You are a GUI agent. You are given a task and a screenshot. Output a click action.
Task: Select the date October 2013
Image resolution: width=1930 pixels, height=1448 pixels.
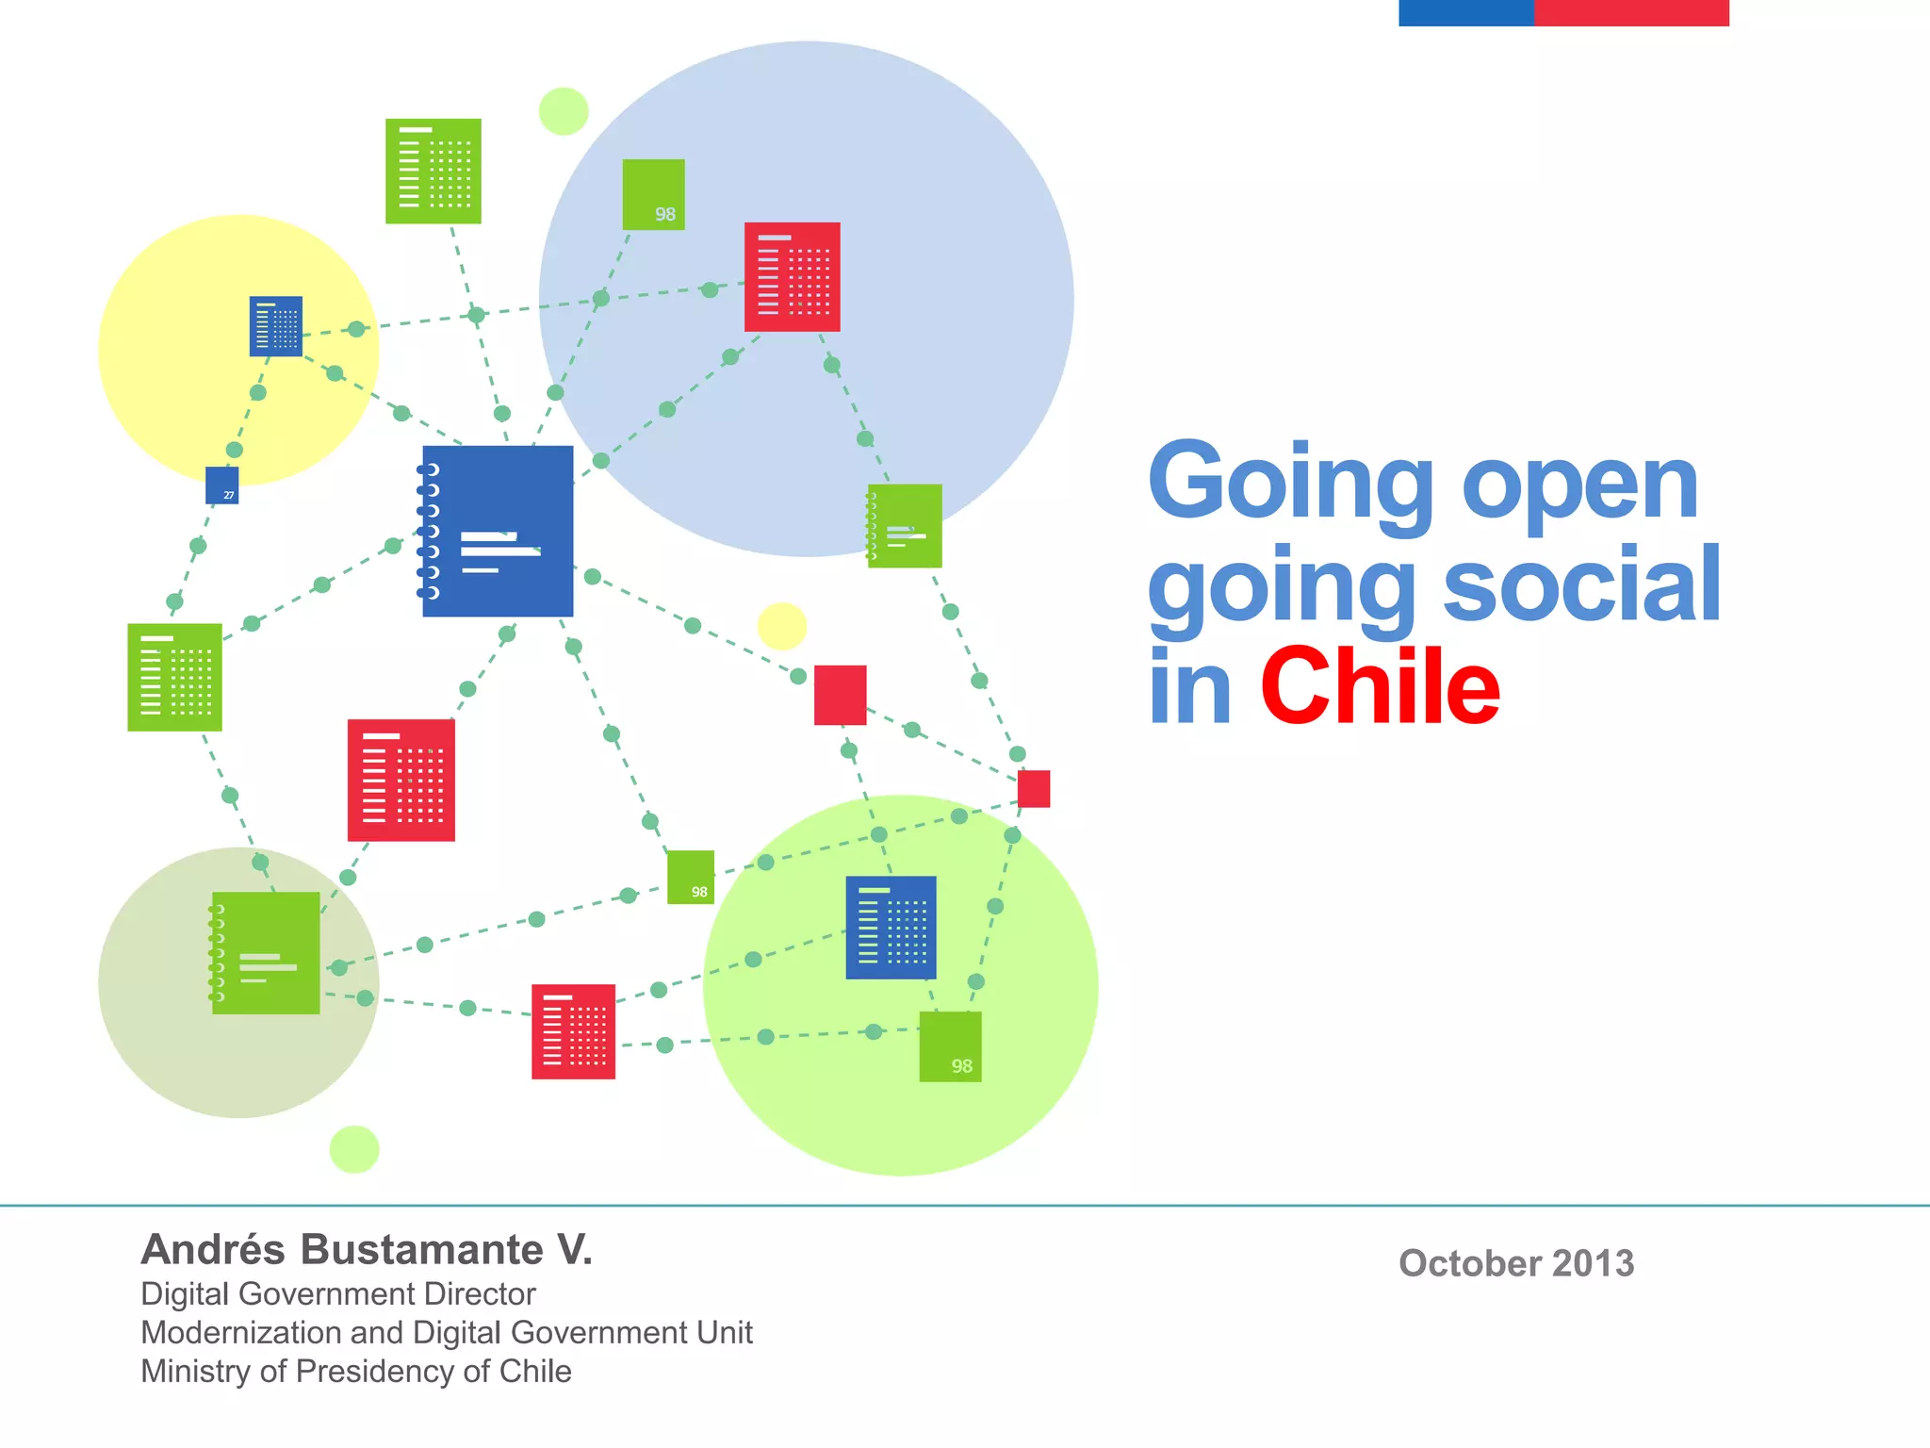(1515, 1263)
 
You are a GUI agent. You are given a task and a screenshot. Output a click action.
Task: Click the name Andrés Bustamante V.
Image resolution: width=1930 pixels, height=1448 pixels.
(367, 1249)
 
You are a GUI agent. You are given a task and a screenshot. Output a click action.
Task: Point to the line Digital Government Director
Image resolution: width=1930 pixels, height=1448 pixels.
(338, 1293)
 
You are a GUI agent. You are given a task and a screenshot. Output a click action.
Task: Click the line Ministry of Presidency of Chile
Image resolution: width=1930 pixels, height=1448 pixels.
(356, 1371)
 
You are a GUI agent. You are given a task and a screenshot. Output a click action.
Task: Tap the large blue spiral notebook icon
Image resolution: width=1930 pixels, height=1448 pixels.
(498, 531)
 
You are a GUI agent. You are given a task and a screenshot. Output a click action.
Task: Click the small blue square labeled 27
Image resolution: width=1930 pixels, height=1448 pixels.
(222, 485)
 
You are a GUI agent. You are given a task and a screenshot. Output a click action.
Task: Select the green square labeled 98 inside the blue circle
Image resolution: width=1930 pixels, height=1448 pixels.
(653, 194)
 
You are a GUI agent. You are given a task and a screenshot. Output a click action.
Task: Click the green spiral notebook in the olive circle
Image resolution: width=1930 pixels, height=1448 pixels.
(266, 952)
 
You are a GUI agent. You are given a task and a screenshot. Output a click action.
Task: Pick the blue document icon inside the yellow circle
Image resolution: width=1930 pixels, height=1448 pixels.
(276, 326)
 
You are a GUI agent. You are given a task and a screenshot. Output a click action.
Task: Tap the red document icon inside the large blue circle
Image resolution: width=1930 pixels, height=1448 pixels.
(792, 277)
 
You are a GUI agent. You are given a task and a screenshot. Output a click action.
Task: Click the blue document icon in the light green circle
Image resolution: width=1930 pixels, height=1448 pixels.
(891, 928)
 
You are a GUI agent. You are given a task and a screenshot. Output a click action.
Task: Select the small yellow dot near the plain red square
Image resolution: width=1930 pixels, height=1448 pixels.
(782, 626)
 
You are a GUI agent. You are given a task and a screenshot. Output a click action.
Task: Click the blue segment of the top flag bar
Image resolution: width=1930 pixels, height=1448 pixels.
(1465, 12)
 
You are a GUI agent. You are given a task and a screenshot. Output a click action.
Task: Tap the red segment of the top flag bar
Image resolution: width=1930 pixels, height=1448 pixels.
(1631, 12)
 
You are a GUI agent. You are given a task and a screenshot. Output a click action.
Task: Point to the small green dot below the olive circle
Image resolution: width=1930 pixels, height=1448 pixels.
(354, 1149)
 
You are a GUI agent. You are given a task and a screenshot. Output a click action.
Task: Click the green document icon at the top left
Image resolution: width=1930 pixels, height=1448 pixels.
(433, 171)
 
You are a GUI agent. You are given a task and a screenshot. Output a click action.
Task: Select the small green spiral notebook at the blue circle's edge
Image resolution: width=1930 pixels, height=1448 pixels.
(905, 526)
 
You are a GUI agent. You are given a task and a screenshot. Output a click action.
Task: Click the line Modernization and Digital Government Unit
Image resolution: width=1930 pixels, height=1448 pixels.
(447, 1332)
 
